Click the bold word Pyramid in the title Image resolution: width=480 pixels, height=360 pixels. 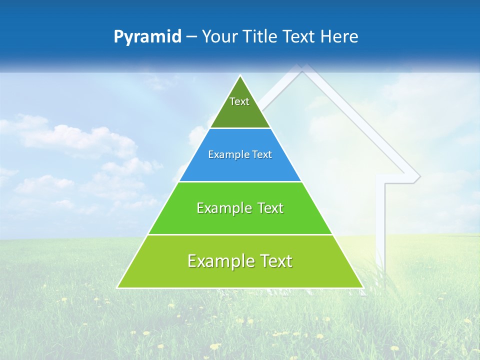(x=147, y=37)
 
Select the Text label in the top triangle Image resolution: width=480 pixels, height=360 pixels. (x=239, y=101)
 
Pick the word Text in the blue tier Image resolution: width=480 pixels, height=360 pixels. (x=262, y=155)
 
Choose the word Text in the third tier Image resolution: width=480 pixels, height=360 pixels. (x=270, y=208)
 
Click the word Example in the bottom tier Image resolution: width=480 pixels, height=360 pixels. (x=220, y=261)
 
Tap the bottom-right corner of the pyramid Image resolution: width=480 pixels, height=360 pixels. (x=362, y=287)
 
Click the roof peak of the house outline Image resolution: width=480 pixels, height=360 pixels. (x=301, y=66)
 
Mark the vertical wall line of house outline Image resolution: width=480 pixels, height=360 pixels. (x=384, y=220)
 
